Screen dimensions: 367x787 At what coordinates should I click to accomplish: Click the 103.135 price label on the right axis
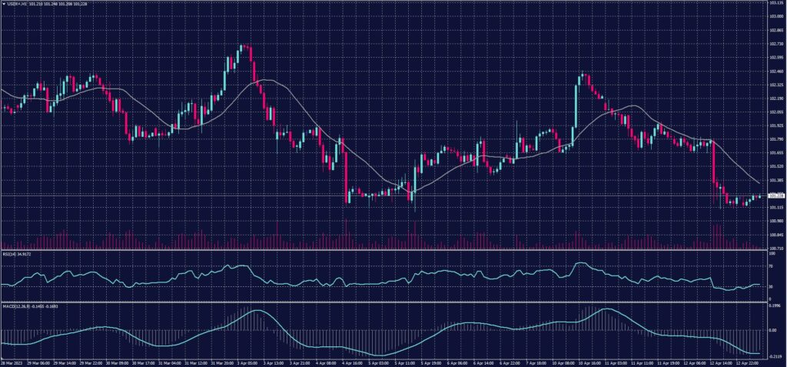(x=775, y=2)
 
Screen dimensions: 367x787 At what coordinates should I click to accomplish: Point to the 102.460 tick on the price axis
(x=775, y=71)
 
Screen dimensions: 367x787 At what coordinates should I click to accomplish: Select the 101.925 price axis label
(x=775, y=125)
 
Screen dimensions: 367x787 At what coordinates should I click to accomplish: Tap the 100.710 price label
(x=775, y=249)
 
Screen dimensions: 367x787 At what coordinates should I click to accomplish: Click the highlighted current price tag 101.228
(x=775, y=195)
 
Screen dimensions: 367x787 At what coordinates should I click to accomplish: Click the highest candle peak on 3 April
(x=241, y=46)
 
